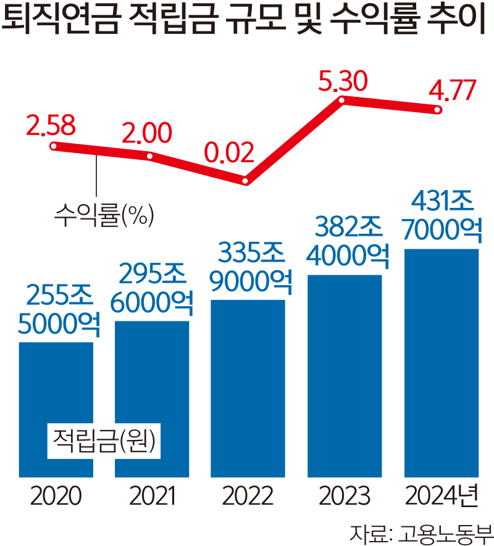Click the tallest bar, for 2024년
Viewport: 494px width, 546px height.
click(x=441, y=364)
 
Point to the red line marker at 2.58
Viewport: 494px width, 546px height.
click(x=54, y=146)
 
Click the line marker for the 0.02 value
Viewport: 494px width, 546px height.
click(x=246, y=181)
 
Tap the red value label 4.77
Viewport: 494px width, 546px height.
click(x=453, y=91)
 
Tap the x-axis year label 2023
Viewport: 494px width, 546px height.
click(x=344, y=495)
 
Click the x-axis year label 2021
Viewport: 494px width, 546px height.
click(x=152, y=495)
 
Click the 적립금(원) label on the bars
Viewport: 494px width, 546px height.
click(x=104, y=441)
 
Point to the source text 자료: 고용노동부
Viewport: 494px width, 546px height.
click(x=421, y=532)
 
